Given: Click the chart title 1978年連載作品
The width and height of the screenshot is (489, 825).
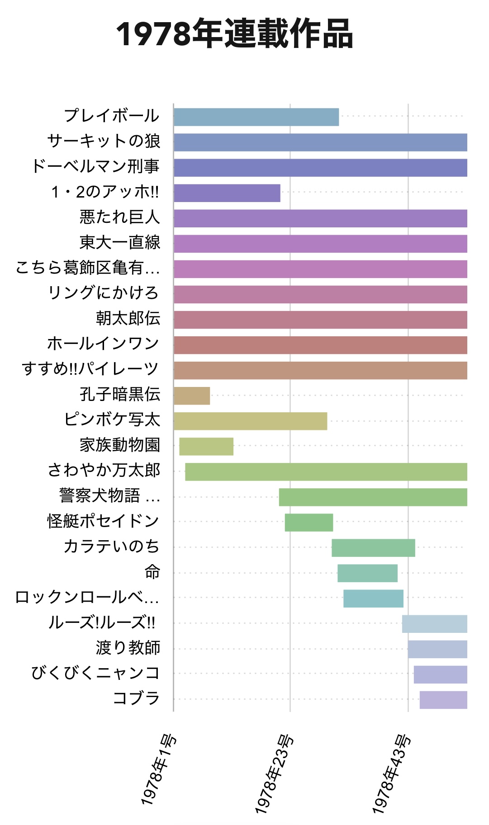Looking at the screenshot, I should (x=234, y=34).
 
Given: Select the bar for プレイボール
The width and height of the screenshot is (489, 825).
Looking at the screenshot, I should (x=256, y=117).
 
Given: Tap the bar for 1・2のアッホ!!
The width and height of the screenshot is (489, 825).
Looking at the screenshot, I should (x=227, y=193).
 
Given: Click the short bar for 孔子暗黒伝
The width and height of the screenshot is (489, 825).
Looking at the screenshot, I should (x=192, y=396).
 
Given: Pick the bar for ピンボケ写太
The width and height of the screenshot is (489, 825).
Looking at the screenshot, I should (x=250, y=421).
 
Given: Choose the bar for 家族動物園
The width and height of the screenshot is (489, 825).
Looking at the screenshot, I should (x=206, y=446).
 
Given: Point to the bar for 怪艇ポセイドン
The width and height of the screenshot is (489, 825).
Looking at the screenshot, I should (x=309, y=522).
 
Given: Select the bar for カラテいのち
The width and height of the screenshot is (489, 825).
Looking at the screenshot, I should (x=373, y=547).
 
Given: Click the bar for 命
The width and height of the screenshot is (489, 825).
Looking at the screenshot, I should (x=367, y=573).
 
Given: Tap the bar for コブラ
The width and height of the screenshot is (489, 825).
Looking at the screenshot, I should (x=443, y=699).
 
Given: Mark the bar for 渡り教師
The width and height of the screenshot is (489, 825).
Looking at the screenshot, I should (x=437, y=649).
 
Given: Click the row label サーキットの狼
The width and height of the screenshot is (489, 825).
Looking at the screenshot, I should (x=104, y=141).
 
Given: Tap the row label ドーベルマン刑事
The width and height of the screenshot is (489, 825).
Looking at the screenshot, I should (x=95, y=166).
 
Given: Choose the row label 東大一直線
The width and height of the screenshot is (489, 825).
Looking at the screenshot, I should (x=120, y=242).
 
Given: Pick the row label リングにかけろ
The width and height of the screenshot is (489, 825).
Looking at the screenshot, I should (x=104, y=293).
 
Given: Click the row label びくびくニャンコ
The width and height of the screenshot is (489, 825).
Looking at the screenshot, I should (x=95, y=673).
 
